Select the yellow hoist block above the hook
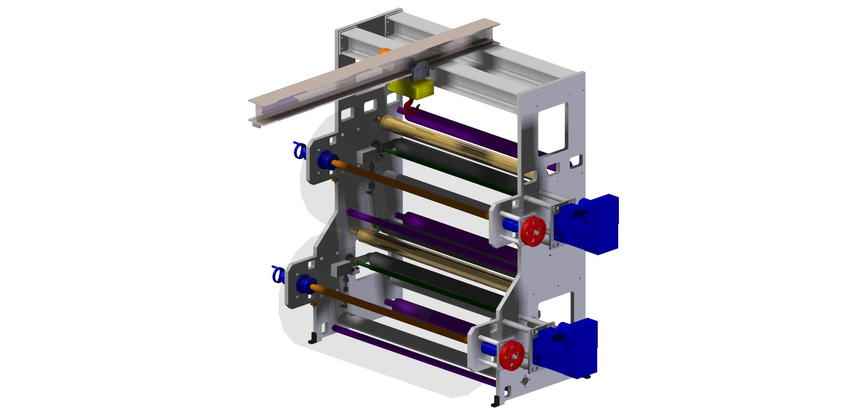[410, 88]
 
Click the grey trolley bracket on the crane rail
[421, 71]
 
